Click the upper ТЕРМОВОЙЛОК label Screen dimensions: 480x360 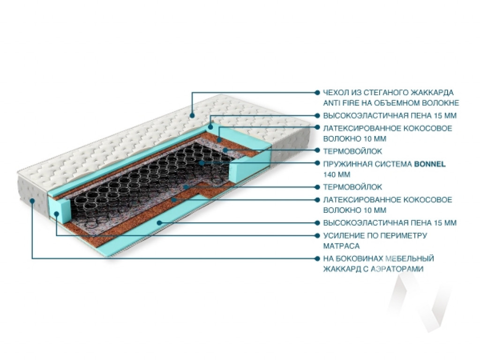(x=352, y=151)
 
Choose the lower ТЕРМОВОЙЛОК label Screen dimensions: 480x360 (x=352, y=187)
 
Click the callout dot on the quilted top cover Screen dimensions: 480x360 (x=192, y=115)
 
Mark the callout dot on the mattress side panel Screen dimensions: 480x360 (x=32, y=201)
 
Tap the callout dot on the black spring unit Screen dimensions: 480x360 (x=201, y=163)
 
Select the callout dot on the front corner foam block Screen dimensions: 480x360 (x=56, y=214)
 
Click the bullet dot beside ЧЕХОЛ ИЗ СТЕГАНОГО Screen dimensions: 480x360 (x=317, y=92)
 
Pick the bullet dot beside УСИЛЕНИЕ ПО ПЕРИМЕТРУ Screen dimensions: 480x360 (x=317, y=235)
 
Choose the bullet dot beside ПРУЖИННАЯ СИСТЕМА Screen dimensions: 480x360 (x=317, y=163)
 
